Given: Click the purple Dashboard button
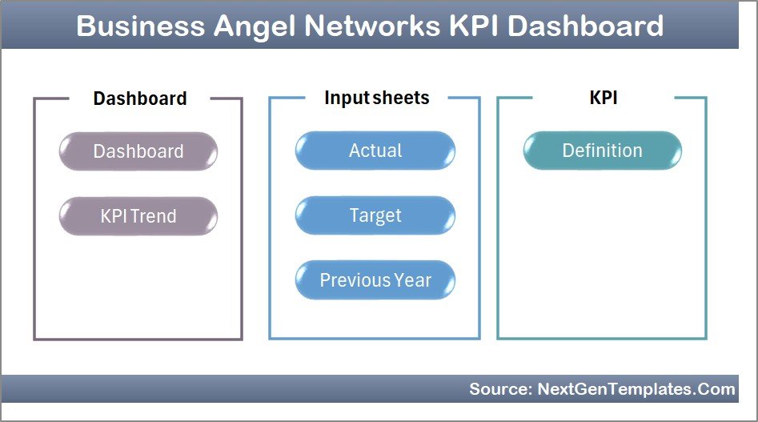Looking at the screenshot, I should (138, 151).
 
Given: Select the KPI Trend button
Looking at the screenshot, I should (138, 216).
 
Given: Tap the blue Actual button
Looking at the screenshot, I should (375, 151).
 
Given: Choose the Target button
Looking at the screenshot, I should (375, 215).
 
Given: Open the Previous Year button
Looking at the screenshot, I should (375, 280).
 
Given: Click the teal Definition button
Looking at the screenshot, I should (602, 151).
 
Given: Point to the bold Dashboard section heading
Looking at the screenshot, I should (139, 98).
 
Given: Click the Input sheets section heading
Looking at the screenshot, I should (376, 98).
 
